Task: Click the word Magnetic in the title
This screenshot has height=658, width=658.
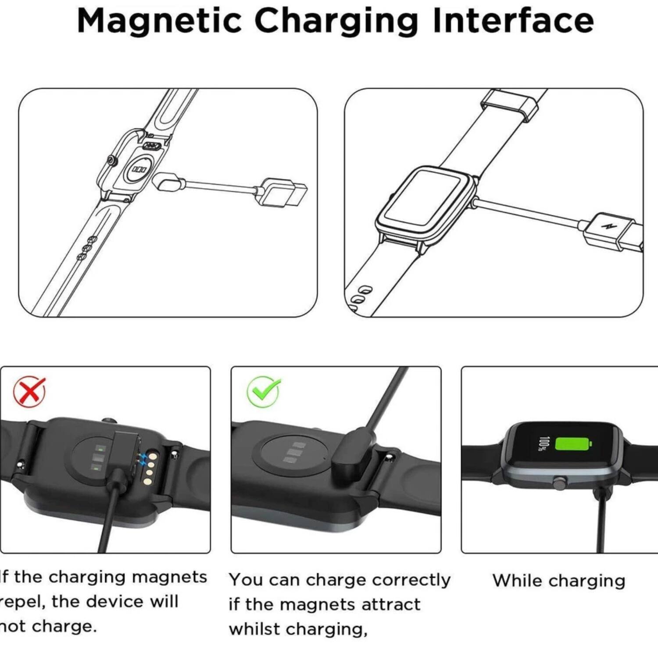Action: pos(159,21)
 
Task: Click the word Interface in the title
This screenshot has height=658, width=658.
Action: pos(513,21)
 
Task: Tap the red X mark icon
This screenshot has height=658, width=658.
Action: pos(29,391)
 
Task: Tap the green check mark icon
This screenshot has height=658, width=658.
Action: pos(264,391)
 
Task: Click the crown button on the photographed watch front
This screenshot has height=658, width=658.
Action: pos(559,483)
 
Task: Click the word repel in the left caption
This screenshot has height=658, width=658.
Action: pos(22,601)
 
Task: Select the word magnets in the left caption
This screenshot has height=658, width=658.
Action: pos(169,577)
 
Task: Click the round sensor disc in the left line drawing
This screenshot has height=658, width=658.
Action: pos(139,169)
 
